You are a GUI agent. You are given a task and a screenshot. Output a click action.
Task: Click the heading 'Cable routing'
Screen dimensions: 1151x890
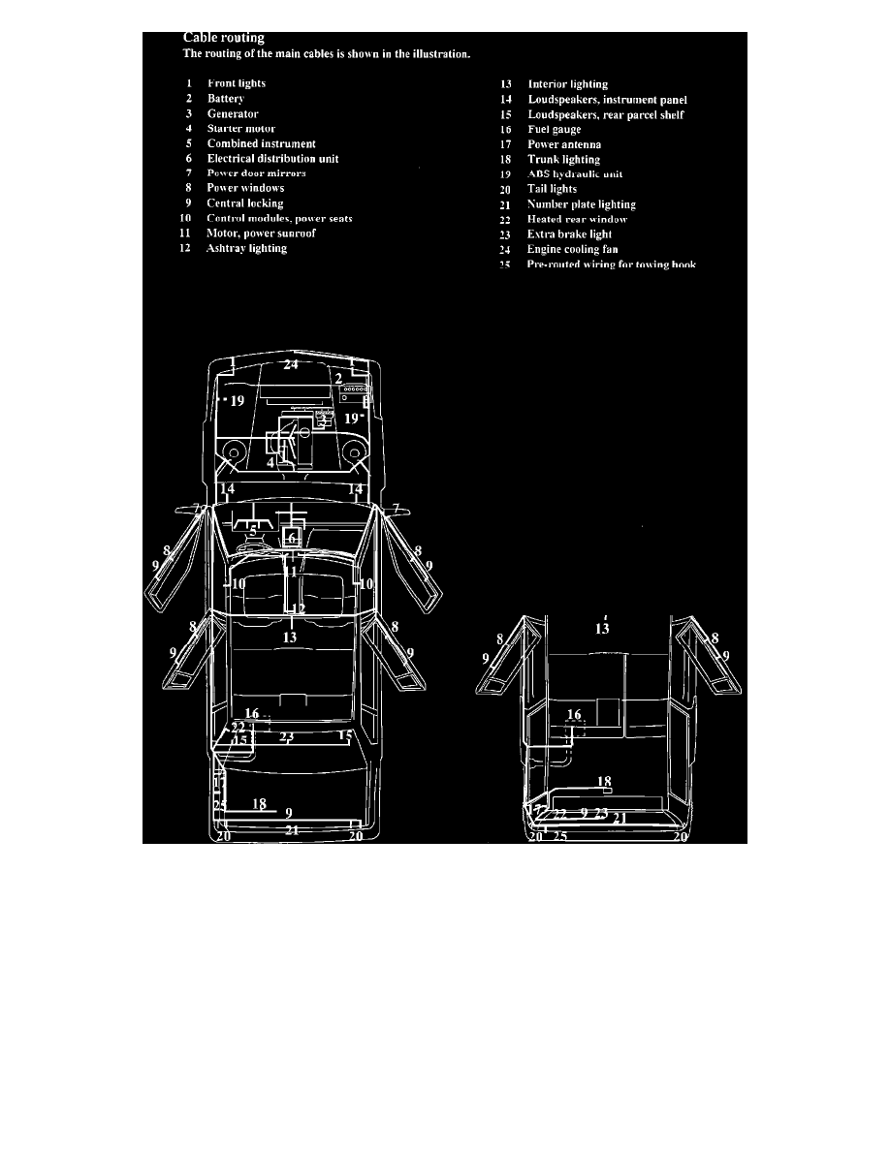224,39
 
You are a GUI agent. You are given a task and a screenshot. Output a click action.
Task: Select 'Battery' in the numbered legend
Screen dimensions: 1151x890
225,99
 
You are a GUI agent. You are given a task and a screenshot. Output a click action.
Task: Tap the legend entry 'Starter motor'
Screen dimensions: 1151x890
240,128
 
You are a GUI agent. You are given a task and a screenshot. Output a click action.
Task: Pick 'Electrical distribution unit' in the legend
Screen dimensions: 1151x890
272,158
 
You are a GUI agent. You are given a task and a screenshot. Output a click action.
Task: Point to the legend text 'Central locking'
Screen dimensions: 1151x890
244,203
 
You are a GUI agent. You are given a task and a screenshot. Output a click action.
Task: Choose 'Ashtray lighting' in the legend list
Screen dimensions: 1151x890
246,248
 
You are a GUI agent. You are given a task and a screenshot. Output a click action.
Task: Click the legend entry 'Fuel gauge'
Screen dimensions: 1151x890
555,129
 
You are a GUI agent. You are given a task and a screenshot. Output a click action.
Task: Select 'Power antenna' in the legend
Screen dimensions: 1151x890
564,144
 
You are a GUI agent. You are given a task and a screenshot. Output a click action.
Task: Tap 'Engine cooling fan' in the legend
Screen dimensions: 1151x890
572,249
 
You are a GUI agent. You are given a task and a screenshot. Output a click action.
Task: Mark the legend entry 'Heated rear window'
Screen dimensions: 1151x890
577,219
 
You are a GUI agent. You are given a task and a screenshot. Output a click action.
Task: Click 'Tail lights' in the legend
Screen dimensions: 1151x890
552,189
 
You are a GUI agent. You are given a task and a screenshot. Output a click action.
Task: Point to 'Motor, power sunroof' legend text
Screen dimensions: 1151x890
261,233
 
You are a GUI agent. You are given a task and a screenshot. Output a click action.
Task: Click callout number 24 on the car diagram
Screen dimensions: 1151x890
291,365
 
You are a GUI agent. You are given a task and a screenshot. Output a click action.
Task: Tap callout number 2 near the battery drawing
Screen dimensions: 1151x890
338,379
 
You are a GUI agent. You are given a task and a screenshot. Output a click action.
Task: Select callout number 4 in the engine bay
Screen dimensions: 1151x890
271,463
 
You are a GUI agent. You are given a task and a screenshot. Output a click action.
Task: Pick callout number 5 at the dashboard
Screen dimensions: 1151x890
252,530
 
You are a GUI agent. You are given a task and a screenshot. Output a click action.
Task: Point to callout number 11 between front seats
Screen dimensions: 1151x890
291,572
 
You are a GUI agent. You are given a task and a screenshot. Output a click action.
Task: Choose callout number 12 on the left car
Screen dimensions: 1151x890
299,609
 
